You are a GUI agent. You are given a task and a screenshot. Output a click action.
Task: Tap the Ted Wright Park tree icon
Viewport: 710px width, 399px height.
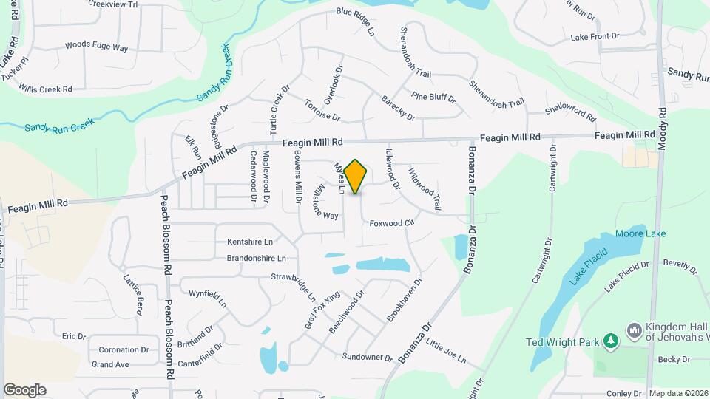611,341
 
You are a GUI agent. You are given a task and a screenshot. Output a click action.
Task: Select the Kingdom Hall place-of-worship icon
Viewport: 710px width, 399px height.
633,330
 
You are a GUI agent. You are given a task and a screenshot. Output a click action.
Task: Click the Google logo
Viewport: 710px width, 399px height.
24,390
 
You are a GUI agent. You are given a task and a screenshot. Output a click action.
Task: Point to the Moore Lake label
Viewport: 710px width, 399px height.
640,234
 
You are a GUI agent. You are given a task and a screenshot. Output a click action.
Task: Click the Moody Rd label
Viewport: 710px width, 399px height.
662,126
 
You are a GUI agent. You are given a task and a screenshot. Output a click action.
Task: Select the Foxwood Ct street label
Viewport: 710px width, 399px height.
390,222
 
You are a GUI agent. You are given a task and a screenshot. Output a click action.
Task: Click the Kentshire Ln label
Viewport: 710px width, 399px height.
250,242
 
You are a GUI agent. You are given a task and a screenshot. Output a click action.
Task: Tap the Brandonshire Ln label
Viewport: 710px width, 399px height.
256,259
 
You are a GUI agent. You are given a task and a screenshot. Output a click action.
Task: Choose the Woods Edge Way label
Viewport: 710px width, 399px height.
96,46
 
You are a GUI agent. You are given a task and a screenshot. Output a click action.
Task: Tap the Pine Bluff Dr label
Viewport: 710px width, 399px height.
434,97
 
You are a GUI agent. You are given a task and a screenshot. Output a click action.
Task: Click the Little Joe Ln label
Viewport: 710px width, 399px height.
446,351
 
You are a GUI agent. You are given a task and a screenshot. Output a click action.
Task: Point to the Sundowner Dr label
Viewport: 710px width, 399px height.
368,358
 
